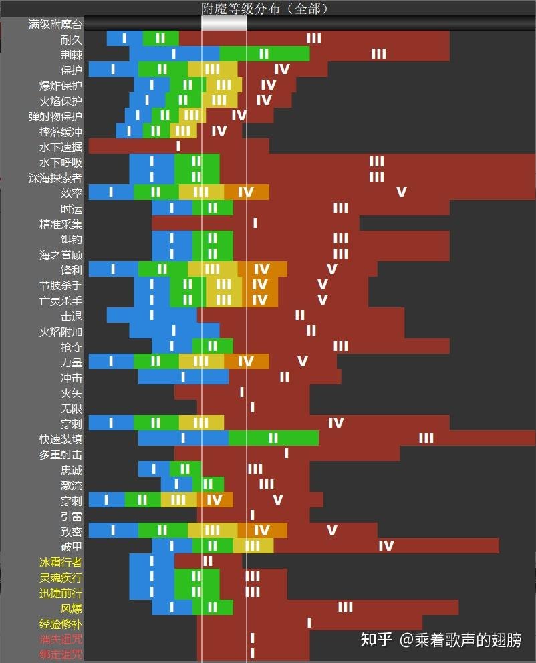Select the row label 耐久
[x=71, y=39]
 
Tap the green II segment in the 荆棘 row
[x=264, y=54]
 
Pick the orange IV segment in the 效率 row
[x=246, y=192]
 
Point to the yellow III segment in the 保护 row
[x=213, y=70]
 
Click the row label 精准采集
[x=61, y=224]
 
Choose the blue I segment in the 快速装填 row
[x=183, y=438]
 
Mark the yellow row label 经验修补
[x=61, y=624]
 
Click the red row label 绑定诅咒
[x=61, y=654]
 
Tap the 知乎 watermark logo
[x=376, y=640]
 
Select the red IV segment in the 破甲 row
[x=386, y=546]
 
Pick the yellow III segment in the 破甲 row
[x=253, y=546]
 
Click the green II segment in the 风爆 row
[x=213, y=608]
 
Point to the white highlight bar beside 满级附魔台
[x=224, y=23]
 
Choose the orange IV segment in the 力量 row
[x=246, y=362]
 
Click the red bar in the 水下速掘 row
[x=178, y=146]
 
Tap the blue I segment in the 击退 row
[x=152, y=315]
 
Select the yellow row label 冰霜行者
[x=61, y=562]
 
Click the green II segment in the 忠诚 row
[x=185, y=469]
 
